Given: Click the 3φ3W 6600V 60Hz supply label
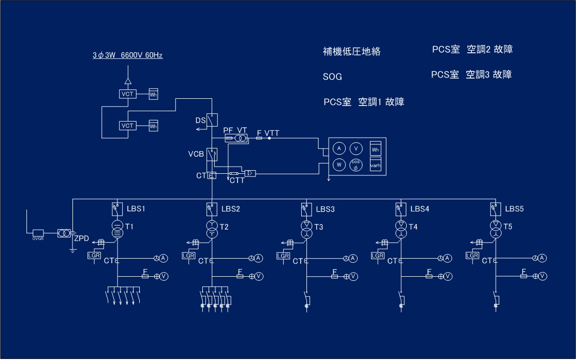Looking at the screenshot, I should coord(127,55).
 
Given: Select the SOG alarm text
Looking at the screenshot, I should coord(332,77).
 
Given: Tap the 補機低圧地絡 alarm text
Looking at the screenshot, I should coord(351,52).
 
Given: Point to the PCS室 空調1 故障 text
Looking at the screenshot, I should coord(364,102).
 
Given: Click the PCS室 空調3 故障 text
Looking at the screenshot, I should coord(471,74).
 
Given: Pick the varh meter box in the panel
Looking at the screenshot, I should coord(376,166).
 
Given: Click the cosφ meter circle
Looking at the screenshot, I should coord(356,165).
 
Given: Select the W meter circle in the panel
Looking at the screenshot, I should coord(338,165).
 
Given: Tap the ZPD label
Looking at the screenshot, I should coord(82,239).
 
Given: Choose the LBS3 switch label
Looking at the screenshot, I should coord(326,209).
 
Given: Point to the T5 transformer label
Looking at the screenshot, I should coord(508,227).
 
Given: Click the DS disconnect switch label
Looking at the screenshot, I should coord(200,121).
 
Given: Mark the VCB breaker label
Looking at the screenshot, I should coord(196,154).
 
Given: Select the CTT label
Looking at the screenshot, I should coord(237,181).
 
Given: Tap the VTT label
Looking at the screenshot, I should coord(272,133).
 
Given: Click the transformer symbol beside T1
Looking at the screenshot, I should coord(117,229).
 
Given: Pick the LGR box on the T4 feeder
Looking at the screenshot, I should coord(378,256).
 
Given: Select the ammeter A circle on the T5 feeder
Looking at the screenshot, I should coord(542,258).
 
